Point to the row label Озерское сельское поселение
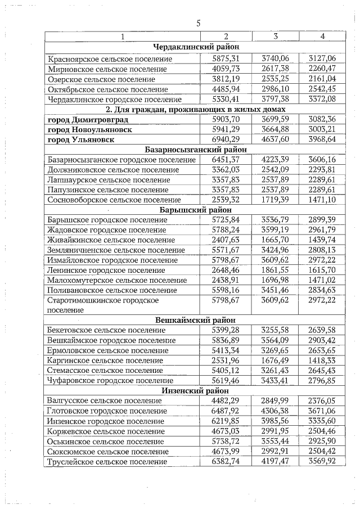pyautogui.click(x=101, y=79)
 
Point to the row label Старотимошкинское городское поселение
pyautogui.click(x=101, y=305)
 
